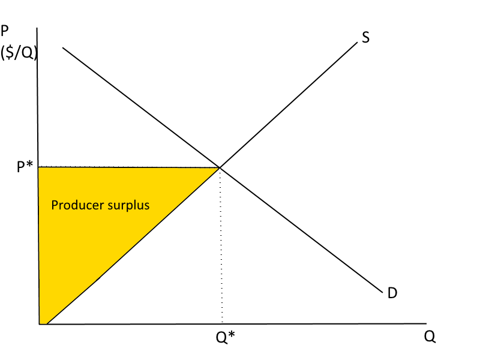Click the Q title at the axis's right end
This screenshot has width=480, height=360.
click(430, 337)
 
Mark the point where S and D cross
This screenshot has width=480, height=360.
click(220, 167)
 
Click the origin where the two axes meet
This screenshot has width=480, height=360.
click(39, 324)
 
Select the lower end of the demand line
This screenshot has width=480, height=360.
click(382, 292)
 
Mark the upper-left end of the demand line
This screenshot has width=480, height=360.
click(62, 47)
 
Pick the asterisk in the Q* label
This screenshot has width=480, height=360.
click(231, 335)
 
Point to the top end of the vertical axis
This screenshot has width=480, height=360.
click(37, 28)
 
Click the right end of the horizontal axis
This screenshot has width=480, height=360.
click(426, 324)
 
